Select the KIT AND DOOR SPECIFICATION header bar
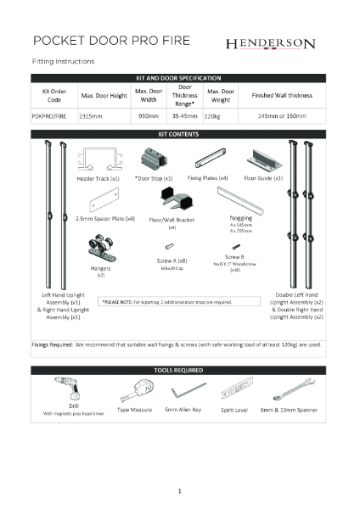point(179,77)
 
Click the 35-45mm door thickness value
point(183,115)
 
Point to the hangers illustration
point(100,253)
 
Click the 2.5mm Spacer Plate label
point(105,218)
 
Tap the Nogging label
point(240,217)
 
